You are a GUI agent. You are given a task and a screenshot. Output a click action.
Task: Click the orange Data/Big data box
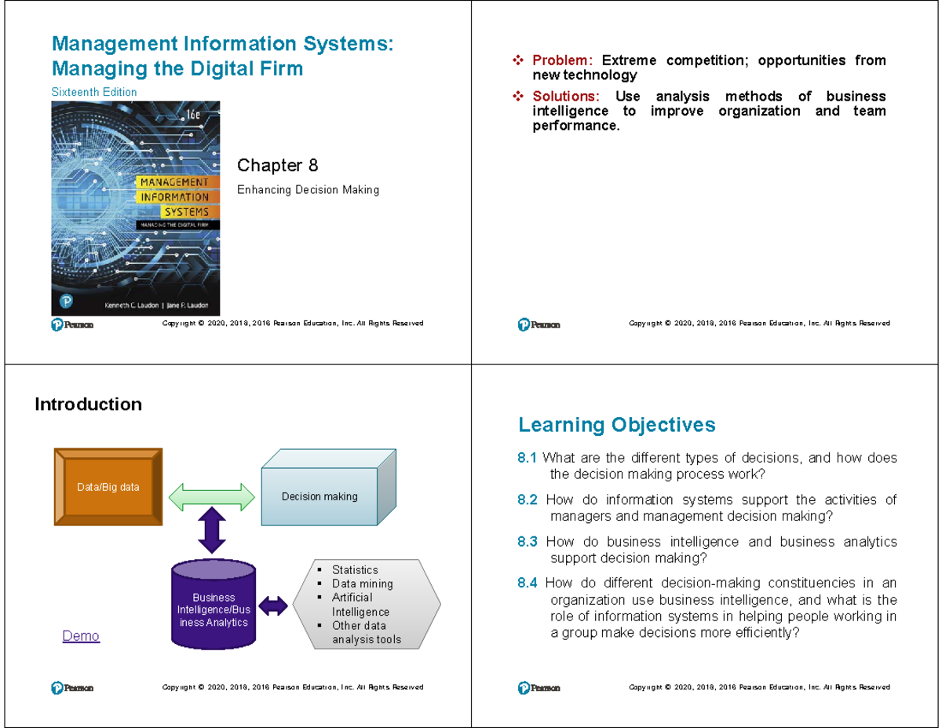108,487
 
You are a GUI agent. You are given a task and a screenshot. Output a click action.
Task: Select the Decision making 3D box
319,496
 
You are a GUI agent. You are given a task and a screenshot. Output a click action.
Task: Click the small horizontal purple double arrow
273,605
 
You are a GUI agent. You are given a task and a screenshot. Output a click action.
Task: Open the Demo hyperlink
81,636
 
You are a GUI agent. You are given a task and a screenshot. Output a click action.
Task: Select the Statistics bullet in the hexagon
354,570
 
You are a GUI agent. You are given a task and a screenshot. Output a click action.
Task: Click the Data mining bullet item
362,583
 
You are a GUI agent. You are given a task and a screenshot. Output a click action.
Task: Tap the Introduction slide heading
88,404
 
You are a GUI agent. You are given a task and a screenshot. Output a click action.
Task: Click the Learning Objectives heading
616,425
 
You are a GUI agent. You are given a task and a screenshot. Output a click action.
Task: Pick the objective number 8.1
528,459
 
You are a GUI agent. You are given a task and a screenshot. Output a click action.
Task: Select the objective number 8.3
528,542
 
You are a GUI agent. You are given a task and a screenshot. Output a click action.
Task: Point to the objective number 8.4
528,583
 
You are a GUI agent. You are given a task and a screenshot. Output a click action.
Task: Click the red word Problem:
563,60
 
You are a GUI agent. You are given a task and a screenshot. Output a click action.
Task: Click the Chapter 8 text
277,165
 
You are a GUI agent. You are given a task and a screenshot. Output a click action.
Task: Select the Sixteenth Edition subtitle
93,92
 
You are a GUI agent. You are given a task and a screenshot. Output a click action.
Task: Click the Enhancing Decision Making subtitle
308,189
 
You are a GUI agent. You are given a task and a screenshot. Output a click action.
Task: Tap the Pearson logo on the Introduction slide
72,688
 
